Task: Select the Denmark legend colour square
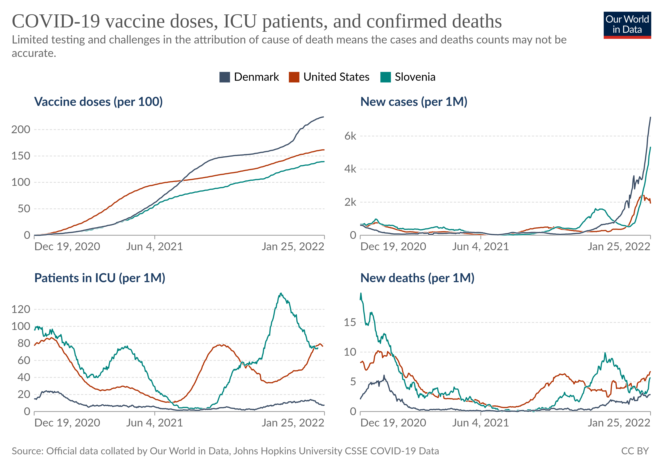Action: pyautogui.click(x=224, y=77)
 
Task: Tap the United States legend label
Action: pyautogui.click(x=336, y=77)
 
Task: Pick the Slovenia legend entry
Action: pyautogui.click(x=415, y=77)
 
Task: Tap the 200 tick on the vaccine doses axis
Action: pyautogui.click(x=21, y=130)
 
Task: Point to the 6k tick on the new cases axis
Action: pyautogui.click(x=350, y=136)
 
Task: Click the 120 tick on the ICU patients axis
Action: pyautogui.click(x=21, y=309)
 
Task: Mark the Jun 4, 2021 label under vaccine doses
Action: pyautogui.click(x=154, y=246)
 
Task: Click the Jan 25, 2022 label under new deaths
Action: pyautogui.click(x=619, y=423)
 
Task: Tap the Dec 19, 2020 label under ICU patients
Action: pyautogui.click(x=67, y=423)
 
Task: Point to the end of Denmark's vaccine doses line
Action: pyautogui.click(x=324, y=117)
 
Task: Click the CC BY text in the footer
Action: pyautogui.click(x=635, y=451)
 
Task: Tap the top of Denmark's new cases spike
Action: pyautogui.click(x=650, y=117)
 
